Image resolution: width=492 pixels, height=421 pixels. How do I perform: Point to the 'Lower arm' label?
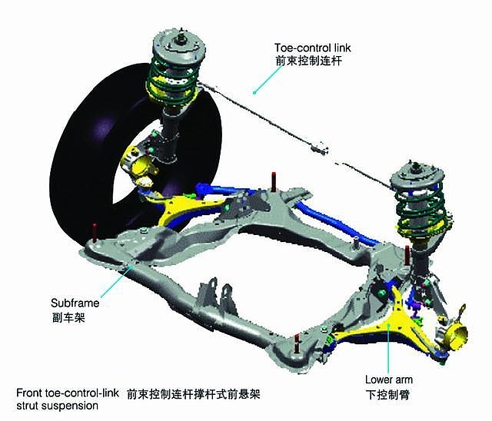389,380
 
